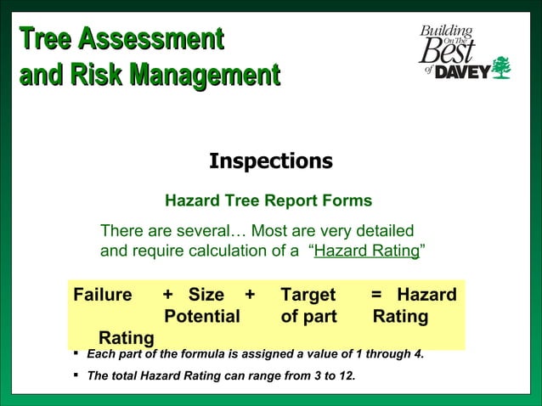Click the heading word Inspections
pos(270,161)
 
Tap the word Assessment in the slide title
pos(151,39)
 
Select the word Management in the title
pos(204,75)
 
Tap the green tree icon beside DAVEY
pos(502,67)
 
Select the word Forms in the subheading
pos(343,201)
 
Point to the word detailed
pos(380,231)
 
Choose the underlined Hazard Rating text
pos(366,251)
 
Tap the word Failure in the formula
pos(103,296)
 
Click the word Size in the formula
pos(206,296)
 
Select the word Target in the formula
pos(308,296)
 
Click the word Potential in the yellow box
pos(201,317)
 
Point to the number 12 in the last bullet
pos(347,375)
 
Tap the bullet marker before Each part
pos(76,353)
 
